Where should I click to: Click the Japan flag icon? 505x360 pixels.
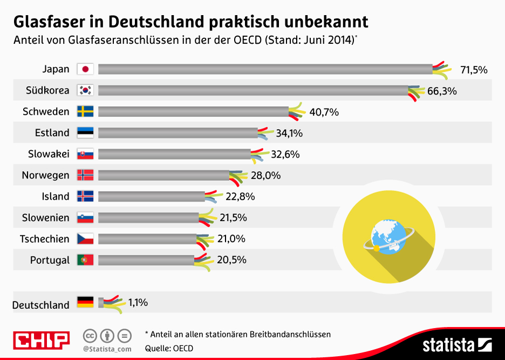pyautogui.click(x=85, y=69)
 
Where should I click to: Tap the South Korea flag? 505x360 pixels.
pyautogui.click(x=85, y=90)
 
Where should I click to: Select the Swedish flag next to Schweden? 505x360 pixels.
pyautogui.click(x=85, y=112)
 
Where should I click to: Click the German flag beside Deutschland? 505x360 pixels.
pyautogui.click(x=85, y=302)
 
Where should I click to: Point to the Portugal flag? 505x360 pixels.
pyautogui.click(x=85, y=260)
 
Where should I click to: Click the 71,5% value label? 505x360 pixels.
pyautogui.click(x=474, y=70)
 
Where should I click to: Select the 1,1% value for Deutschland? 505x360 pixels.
pyautogui.click(x=138, y=303)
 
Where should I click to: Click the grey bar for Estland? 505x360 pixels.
pyautogui.click(x=178, y=133)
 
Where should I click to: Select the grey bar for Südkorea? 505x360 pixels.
pyautogui.click(x=254, y=90)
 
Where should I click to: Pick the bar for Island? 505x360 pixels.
pyautogui.click(x=152, y=196)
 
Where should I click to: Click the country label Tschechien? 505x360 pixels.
pyautogui.click(x=45, y=239)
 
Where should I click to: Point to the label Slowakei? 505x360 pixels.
pyautogui.click(x=49, y=154)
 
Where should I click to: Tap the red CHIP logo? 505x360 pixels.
pyautogui.click(x=42, y=340)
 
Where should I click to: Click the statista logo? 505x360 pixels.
pyautogui.click(x=456, y=344)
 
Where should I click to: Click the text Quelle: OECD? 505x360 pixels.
pyautogui.click(x=169, y=348)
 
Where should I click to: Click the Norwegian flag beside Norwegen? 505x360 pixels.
pyautogui.click(x=85, y=175)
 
